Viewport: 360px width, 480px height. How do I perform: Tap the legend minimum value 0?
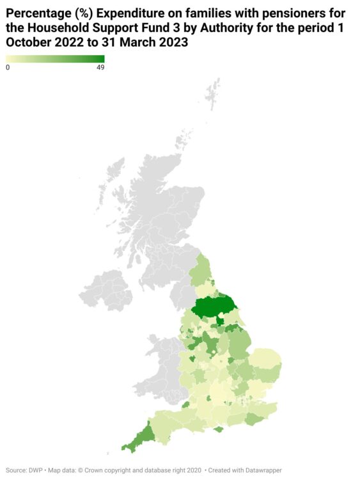(x=8, y=67)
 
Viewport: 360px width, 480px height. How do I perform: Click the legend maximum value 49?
(x=100, y=67)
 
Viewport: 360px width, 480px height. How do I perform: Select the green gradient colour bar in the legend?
(x=55, y=59)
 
